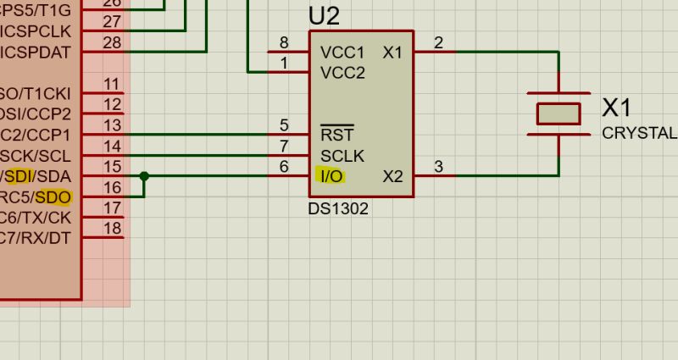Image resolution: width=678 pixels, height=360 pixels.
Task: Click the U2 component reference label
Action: click(x=324, y=15)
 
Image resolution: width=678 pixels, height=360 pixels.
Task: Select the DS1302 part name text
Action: click(x=338, y=208)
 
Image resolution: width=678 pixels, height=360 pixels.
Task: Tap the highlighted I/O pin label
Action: click(x=331, y=176)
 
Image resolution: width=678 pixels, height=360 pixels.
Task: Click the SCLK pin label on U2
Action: click(x=342, y=156)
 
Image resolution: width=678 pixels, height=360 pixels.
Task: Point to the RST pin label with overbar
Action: click(x=336, y=135)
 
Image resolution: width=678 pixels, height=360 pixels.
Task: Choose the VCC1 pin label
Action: click(x=342, y=53)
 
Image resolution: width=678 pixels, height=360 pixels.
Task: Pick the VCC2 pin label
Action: click(x=342, y=73)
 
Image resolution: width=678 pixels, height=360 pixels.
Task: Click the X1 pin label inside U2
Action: click(x=392, y=53)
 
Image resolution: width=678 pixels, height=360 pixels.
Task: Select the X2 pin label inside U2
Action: click(x=392, y=176)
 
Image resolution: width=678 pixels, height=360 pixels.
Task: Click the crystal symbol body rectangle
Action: click(x=559, y=114)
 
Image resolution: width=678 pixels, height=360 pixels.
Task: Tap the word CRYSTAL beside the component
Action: click(x=639, y=133)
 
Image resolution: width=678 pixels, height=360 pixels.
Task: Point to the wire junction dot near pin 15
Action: click(x=144, y=176)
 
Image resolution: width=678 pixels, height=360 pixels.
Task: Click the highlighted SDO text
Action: click(x=53, y=197)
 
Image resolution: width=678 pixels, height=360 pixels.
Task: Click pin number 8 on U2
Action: click(x=284, y=43)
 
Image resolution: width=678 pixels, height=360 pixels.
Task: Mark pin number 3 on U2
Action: click(x=438, y=167)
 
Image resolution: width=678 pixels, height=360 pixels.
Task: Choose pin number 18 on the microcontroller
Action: click(x=112, y=228)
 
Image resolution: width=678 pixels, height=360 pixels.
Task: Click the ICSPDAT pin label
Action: click(x=36, y=53)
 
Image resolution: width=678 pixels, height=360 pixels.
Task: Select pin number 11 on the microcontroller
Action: click(x=112, y=84)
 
